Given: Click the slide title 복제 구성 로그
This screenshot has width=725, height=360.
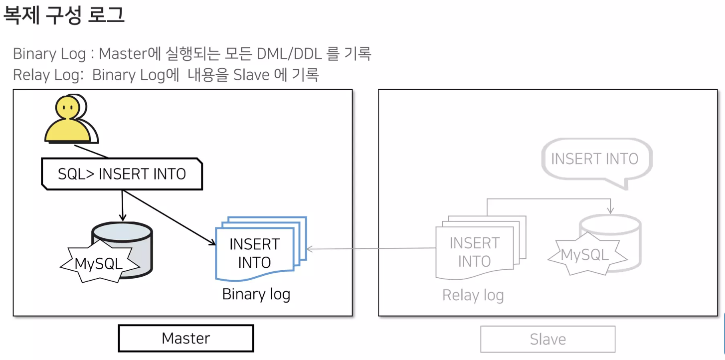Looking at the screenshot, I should (64, 15).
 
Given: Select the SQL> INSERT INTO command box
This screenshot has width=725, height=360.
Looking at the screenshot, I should (122, 174).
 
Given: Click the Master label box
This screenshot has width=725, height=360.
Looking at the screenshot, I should (185, 339).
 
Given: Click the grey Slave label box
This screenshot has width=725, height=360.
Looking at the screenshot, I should (547, 340).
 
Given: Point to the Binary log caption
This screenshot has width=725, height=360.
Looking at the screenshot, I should (256, 294).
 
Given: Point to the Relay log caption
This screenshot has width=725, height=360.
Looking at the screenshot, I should (473, 295).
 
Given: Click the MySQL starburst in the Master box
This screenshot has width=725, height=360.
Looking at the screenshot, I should (99, 263).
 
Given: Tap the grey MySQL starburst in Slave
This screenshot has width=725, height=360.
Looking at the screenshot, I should (585, 255).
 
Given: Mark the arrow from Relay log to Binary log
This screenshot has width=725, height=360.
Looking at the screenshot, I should (371, 248).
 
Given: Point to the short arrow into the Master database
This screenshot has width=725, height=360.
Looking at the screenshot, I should (122, 205).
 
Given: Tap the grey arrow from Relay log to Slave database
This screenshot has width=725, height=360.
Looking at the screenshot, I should (548, 199).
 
